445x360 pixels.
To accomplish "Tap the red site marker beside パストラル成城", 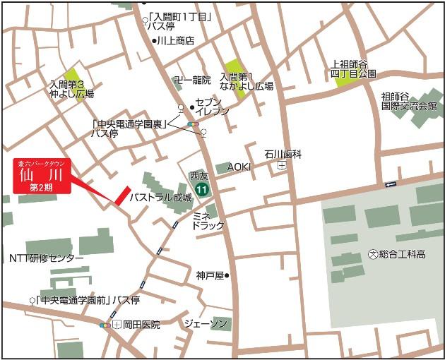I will tap(121, 196).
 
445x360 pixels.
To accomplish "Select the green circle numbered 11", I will tap(203, 188).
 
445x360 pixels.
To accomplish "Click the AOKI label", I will tap(239, 167).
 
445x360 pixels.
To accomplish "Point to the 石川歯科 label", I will tap(283, 153).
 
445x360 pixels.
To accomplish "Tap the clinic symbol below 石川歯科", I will tap(283, 166).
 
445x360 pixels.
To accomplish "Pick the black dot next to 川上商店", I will tap(153, 41).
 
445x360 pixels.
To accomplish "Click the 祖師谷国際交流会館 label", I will tap(409, 101).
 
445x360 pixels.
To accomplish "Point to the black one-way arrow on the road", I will tap(391, 184).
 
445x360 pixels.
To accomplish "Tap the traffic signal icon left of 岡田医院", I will tap(105, 325).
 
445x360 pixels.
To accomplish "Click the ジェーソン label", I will tap(206, 323).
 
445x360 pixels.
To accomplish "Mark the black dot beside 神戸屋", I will tap(227, 275).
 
